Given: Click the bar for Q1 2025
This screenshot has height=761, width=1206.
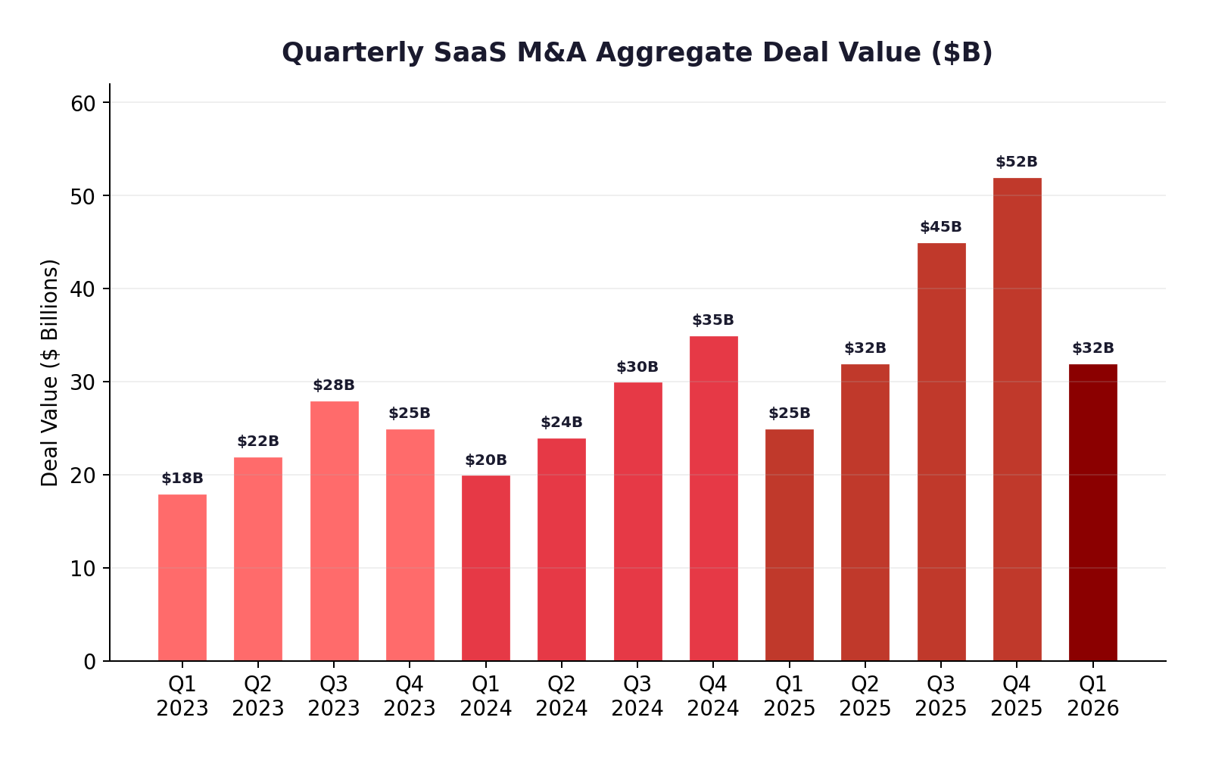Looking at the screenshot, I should coord(789,544).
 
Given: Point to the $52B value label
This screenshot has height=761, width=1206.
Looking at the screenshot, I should coord(1017,162).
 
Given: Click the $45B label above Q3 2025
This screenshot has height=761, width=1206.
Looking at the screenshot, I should coord(941,227).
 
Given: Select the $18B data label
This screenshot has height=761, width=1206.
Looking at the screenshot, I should coord(182,479).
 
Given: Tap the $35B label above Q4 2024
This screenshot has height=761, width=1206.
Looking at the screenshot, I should coord(713,320).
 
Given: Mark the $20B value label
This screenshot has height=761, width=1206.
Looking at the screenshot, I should coord(486,460).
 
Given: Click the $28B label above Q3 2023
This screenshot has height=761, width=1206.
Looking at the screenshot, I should coord(334,385).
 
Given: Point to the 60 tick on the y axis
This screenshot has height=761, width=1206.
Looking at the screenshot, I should coord(83,103).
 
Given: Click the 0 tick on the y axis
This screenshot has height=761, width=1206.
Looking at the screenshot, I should coord(90,662).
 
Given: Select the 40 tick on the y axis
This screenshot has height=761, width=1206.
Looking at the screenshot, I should coord(83,289).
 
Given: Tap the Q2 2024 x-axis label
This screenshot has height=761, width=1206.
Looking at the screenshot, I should coord(562,696).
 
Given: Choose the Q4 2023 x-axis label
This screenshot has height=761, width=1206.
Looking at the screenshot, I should coord(410,696).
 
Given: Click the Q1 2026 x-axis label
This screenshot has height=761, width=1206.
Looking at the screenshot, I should coord(1092,696).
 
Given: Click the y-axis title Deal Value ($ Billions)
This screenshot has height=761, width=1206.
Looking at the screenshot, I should coord(50,373).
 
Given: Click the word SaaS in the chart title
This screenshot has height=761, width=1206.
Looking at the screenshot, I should coord(471,53).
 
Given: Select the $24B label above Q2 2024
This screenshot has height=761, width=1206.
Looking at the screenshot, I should coord(562,423).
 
